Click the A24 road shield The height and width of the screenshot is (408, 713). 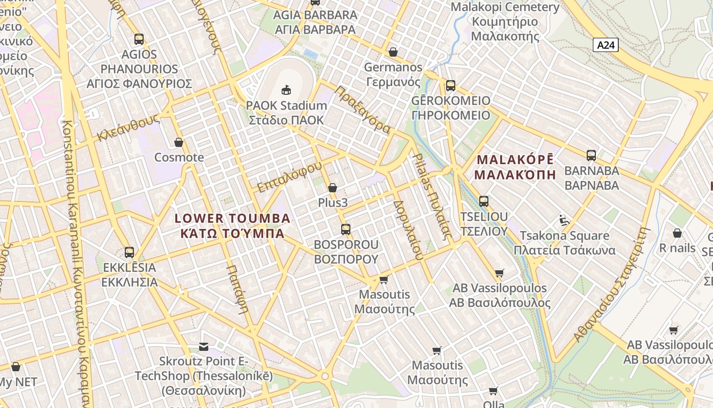tap(606, 45)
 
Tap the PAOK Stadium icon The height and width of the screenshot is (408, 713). tap(286, 90)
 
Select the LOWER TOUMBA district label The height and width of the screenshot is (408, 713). tap(232, 219)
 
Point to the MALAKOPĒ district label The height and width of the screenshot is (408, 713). tap(514, 159)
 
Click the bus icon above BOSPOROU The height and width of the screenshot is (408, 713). tap(346, 229)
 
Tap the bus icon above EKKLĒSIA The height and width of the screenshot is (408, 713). tap(129, 252)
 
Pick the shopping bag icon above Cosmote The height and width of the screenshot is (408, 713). tap(179, 142)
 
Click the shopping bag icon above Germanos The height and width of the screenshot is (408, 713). tap(393, 52)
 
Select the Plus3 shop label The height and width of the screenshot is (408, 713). tap(333, 202)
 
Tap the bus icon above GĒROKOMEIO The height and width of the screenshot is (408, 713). tap(450, 85)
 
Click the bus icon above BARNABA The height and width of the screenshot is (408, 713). tap(591, 155)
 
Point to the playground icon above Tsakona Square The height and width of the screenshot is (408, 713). tap(564, 220)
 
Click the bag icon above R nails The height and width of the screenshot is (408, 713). tap(677, 233)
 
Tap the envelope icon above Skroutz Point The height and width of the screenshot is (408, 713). tap(204, 346)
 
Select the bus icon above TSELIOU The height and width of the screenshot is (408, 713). tap(483, 201)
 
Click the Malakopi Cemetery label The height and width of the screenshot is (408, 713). tap(505, 8)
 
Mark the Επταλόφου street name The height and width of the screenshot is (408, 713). tap(289, 177)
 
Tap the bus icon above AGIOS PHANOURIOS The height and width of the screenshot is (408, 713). tap(139, 39)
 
